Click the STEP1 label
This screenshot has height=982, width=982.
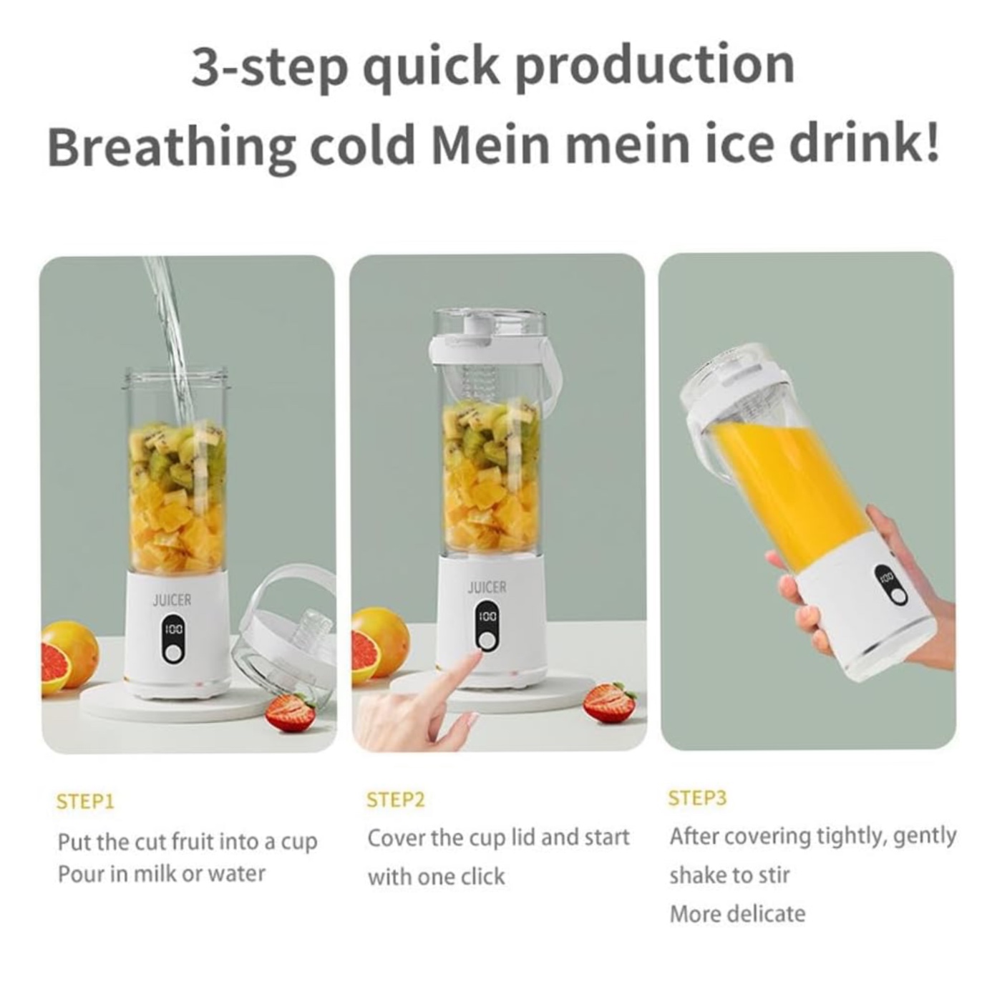[x=85, y=802]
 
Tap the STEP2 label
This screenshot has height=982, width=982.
[x=396, y=799]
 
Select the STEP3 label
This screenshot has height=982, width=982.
[x=697, y=797]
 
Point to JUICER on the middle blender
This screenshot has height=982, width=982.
[x=487, y=588]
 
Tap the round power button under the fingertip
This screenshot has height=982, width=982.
[x=487, y=641]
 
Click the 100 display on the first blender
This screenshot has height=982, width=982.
[x=173, y=629]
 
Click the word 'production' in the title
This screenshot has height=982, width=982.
[x=655, y=67]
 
